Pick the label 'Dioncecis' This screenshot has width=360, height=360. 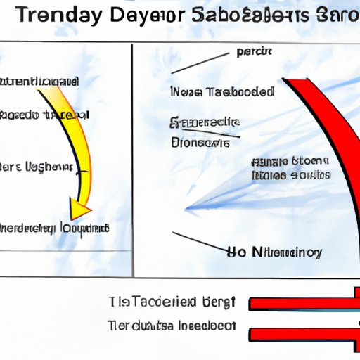(x=200, y=142)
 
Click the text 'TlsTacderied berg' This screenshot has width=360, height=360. (x=171, y=302)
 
